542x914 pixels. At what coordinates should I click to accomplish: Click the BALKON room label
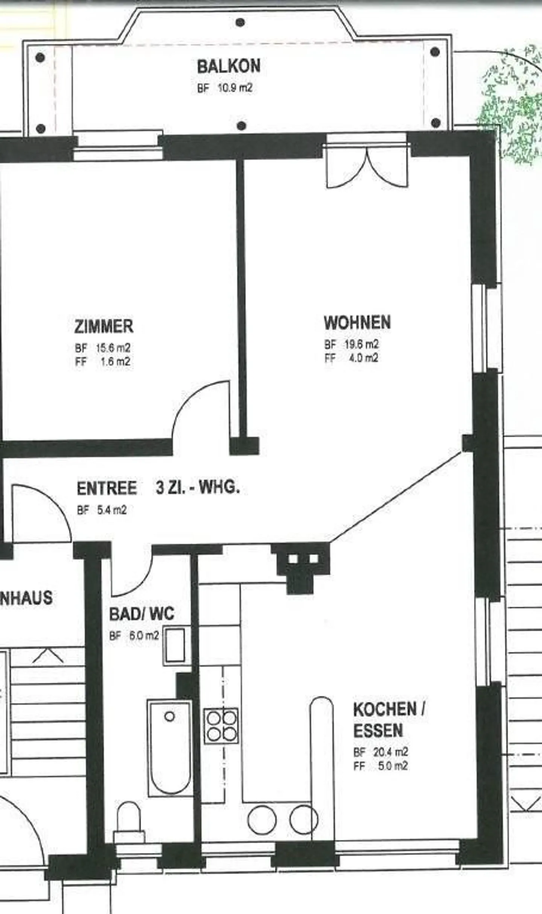pos(228,67)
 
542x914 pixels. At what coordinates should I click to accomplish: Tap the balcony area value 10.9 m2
pos(235,88)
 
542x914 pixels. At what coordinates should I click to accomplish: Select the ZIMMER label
pos(104,326)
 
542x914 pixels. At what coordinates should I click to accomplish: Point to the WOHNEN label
pos(357,323)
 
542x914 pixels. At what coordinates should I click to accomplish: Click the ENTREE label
pos(107,488)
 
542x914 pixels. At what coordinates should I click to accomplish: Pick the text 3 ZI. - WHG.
pos(198,488)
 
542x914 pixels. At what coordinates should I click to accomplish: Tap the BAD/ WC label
pos(142,614)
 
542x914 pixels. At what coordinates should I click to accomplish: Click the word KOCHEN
pos(385,709)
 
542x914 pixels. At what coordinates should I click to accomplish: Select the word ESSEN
pos(378,731)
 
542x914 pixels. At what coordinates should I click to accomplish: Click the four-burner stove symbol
pos(221,726)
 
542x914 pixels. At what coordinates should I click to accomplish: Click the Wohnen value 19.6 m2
pos(362,344)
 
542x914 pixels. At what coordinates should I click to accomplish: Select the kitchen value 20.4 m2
pos(390,752)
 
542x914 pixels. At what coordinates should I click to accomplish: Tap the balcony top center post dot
pos(240,22)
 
